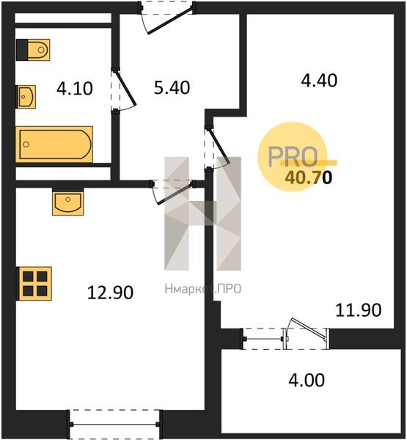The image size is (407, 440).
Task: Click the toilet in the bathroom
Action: [33, 50]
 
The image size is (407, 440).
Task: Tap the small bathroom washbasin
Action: [26, 97]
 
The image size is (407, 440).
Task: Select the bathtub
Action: [54, 144]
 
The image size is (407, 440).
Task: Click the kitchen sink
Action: [68, 202]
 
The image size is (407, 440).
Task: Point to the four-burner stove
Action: [34, 284]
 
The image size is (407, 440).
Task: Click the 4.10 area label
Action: [74, 89]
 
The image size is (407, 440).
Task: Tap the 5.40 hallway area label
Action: [172, 87]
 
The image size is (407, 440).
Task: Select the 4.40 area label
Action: [319, 80]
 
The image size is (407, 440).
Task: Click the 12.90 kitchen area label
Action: [110, 293]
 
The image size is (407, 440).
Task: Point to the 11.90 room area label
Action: [359, 310]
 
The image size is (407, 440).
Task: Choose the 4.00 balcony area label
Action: [307, 380]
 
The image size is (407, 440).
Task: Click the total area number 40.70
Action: [309, 177]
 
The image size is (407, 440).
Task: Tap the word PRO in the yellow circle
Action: [293, 157]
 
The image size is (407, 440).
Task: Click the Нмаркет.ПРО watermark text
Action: [203, 289]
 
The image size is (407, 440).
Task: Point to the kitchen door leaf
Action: [175, 194]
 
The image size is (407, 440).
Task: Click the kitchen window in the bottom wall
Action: [114, 425]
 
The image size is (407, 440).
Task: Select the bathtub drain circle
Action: [26, 144]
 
